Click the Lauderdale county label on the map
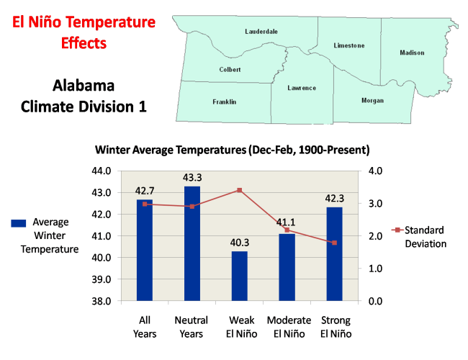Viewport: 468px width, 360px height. click(x=261, y=32)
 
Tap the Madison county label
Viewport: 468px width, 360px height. click(x=412, y=53)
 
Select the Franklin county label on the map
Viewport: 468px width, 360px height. click(x=225, y=102)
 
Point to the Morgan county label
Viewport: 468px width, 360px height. click(x=372, y=100)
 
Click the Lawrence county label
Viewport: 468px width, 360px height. click(x=302, y=88)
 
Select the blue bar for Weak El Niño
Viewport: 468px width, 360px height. click(x=240, y=276)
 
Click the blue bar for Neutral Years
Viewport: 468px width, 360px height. click(x=192, y=243)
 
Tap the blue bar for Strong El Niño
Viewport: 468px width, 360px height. click(x=335, y=253)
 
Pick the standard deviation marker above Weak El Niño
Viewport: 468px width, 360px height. click(x=240, y=190)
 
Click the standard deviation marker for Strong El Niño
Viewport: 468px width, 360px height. click(x=335, y=243)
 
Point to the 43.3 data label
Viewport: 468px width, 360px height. click(x=192, y=178)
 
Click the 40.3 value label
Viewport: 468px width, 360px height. click(x=240, y=243)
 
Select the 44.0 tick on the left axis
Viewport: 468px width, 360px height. click(x=102, y=171)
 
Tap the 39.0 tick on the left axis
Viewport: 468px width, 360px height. click(x=102, y=279)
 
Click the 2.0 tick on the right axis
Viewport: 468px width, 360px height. click(x=375, y=236)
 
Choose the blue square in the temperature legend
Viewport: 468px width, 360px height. click(x=19, y=223)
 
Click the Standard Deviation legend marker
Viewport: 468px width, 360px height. click(x=397, y=230)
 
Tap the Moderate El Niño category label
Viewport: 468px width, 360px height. click(x=289, y=327)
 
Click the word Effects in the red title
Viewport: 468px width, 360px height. click(x=84, y=43)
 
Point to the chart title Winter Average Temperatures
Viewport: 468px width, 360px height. click(x=233, y=150)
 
